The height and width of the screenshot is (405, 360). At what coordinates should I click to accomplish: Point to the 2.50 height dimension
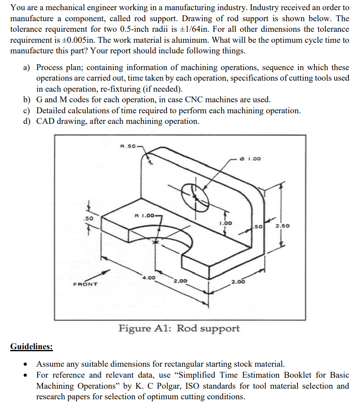[282, 226]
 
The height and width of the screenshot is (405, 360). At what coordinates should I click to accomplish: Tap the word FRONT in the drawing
[85, 284]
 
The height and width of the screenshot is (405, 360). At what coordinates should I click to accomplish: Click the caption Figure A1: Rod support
[179, 328]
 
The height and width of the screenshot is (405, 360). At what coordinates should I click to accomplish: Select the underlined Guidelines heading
[31, 347]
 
